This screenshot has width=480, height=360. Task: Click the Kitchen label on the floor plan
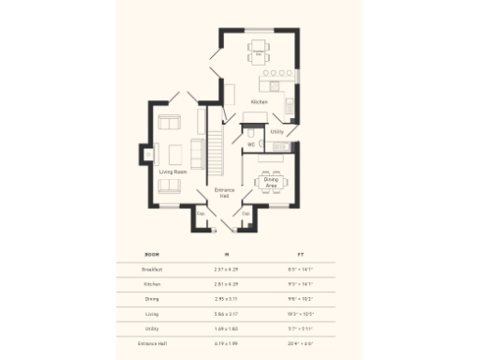259,100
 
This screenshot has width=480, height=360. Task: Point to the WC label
251,143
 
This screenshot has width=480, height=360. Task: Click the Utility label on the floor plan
277,132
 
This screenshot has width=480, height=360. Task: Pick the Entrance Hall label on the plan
223,193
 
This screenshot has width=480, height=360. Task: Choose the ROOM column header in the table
151,254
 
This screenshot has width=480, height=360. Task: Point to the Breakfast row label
151,269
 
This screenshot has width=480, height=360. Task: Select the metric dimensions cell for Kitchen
226,284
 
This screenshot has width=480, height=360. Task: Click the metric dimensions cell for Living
226,314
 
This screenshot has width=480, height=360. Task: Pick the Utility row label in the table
151,329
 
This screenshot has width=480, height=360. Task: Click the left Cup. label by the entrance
200,213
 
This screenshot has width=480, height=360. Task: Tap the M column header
226,254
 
